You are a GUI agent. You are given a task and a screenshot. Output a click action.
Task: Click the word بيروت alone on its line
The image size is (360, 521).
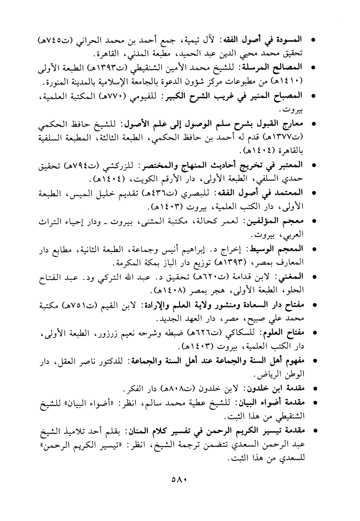coord(294,110)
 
